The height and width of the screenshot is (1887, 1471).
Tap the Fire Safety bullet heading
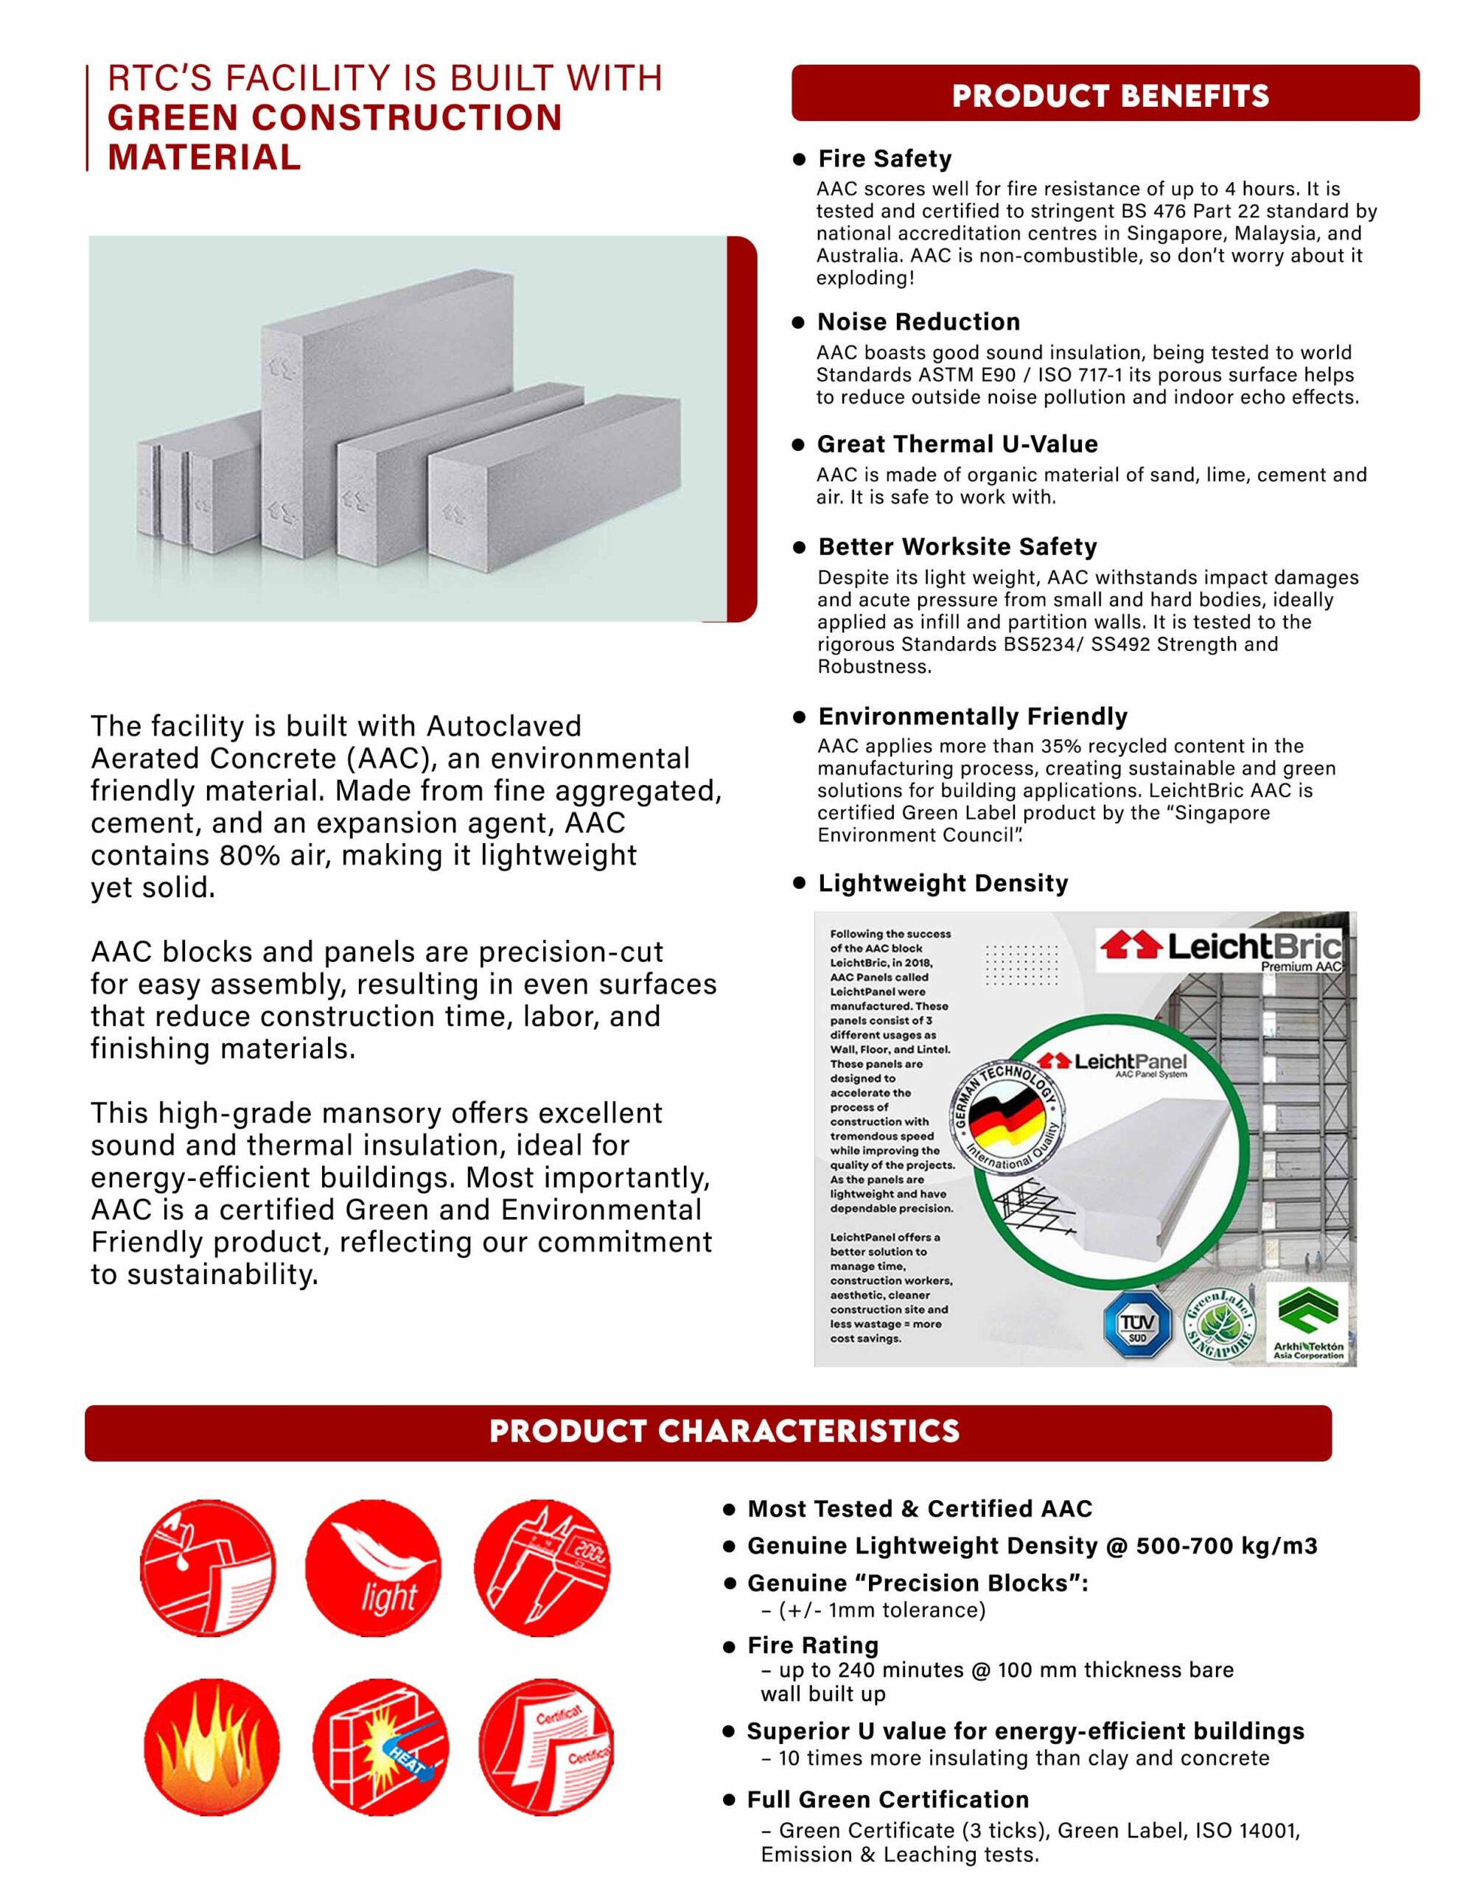pyautogui.click(x=884, y=159)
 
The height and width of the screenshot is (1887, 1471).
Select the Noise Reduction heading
pyautogui.click(x=918, y=322)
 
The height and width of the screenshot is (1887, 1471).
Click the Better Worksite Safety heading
pyautogui.click(x=957, y=547)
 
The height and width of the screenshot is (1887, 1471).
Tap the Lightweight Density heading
pyautogui.click(x=943, y=883)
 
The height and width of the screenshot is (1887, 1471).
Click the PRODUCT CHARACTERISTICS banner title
pyautogui.click(x=724, y=1431)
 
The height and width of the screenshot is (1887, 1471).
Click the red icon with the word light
pyautogui.click(x=373, y=1568)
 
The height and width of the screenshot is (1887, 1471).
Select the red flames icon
pyautogui.click(x=211, y=1748)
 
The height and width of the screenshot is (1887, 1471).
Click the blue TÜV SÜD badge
pyautogui.click(x=1136, y=1325)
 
